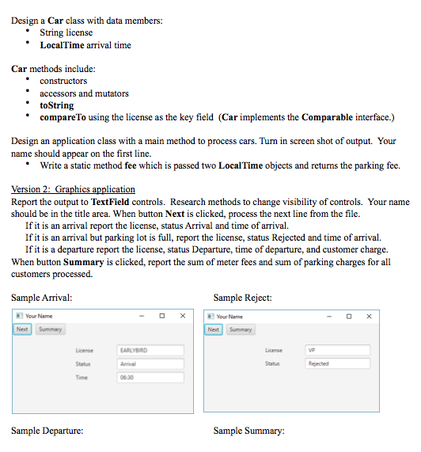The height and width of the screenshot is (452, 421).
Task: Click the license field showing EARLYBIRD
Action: [150, 349]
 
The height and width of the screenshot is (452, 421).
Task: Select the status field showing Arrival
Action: [150, 363]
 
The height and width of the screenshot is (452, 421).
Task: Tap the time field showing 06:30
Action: [150, 378]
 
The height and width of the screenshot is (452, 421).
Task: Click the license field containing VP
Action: [338, 349]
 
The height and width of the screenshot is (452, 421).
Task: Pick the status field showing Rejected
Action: [338, 363]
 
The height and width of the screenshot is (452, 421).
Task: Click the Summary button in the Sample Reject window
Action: [241, 329]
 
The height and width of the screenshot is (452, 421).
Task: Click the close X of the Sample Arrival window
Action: [183, 316]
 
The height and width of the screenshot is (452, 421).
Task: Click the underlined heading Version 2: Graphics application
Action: [73, 189]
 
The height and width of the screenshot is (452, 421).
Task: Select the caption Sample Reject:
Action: [242, 298]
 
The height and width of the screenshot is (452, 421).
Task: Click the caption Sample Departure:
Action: [47, 431]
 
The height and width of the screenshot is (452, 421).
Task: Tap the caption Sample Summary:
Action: [248, 431]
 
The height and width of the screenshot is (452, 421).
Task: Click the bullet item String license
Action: [66, 32]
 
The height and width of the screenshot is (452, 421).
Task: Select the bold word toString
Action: [56, 105]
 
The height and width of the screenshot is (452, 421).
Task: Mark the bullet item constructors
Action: [63, 81]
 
